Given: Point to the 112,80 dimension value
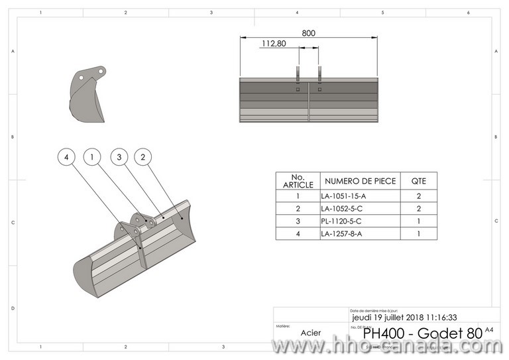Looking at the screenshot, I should point(274,44).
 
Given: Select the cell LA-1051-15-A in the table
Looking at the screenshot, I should point(343,196).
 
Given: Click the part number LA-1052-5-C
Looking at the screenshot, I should point(342,209).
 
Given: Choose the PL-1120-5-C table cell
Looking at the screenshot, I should point(341,221).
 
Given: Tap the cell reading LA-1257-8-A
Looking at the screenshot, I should point(342,233).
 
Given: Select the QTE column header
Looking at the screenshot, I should point(419,181).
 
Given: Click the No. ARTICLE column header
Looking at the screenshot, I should point(298,181).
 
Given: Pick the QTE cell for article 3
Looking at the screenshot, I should point(419,221).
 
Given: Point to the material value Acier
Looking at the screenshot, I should point(311,333).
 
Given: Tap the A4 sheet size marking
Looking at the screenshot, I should point(489,330).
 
